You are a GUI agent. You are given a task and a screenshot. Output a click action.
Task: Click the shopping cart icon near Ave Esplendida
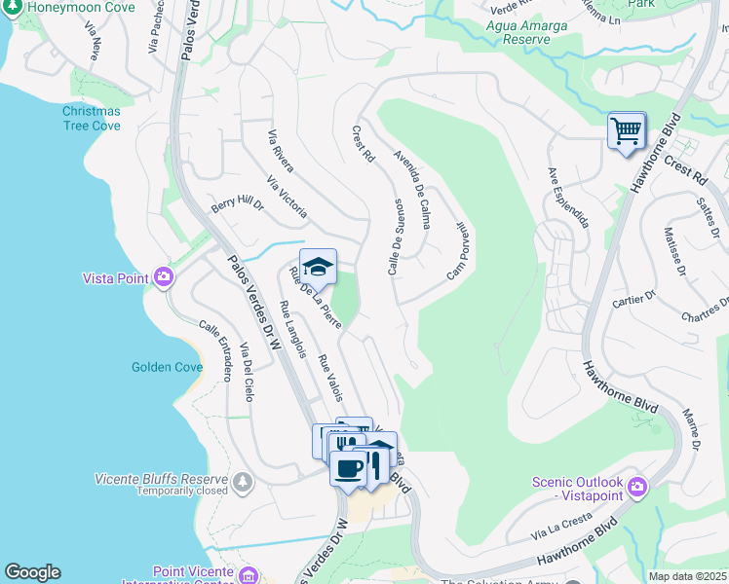(x=626, y=129)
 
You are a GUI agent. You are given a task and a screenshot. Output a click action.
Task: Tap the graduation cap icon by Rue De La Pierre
(x=318, y=266)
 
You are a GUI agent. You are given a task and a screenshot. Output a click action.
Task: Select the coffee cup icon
(x=348, y=468)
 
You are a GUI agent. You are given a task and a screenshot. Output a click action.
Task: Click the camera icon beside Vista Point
(x=163, y=278)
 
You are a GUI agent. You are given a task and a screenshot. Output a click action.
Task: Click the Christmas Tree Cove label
(x=92, y=119)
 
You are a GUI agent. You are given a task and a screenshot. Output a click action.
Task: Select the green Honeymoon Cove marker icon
(x=10, y=7)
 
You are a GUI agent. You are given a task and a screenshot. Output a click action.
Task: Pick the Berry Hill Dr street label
(x=238, y=206)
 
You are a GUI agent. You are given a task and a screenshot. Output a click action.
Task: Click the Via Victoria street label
(x=287, y=197)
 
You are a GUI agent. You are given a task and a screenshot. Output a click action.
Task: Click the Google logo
(x=32, y=572)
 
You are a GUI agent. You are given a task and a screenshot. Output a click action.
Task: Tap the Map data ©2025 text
(x=686, y=576)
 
